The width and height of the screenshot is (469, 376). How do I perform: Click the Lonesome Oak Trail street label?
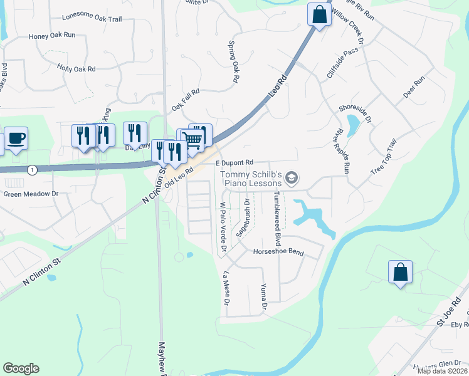tap(92, 19)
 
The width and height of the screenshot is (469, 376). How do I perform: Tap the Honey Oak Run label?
tap(52, 36)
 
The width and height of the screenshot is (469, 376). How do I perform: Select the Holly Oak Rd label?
tap(76, 68)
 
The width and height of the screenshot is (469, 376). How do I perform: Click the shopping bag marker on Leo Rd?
tap(319, 14)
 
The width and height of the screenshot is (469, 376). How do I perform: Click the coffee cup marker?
tap(16, 138)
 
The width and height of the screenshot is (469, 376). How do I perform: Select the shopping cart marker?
tap(195, 138)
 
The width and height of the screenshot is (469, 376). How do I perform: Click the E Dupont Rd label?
tap(234, 162)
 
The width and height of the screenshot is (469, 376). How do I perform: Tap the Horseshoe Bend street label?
tap(278, 253)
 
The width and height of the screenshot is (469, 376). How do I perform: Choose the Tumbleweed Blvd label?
tap(277, 218)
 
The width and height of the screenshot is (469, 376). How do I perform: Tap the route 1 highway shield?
tap(32, 170)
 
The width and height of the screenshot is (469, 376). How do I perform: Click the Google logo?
tap(21, 368)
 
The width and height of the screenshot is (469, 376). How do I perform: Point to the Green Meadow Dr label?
tap(31, 194)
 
